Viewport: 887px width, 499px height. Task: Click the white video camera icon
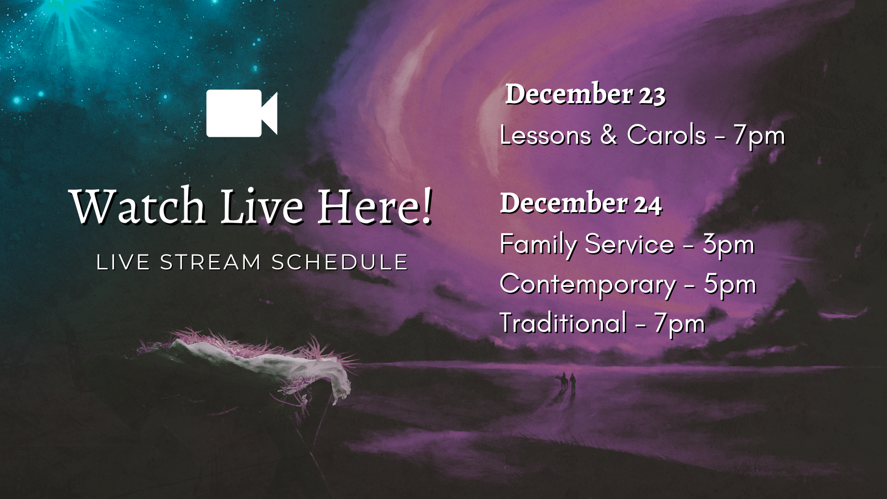[x=242, y=113]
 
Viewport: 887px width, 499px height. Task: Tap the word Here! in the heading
[x=376, y=206]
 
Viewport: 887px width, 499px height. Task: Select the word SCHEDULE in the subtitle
[x=340, y=262]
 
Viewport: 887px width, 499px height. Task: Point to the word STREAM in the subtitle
[x=211, y=262]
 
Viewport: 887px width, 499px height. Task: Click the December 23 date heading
[x=585, y=94]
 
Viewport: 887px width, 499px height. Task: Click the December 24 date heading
[x=581, y=203]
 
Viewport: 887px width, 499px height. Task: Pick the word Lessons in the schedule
[x=546, y=135]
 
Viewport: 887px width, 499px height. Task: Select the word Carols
[x=666, y=135]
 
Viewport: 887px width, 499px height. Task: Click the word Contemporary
[x=588, y=285]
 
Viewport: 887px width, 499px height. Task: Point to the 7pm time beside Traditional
[x=679, y=325]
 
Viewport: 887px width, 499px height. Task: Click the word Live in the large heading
[x=262, y=206]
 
